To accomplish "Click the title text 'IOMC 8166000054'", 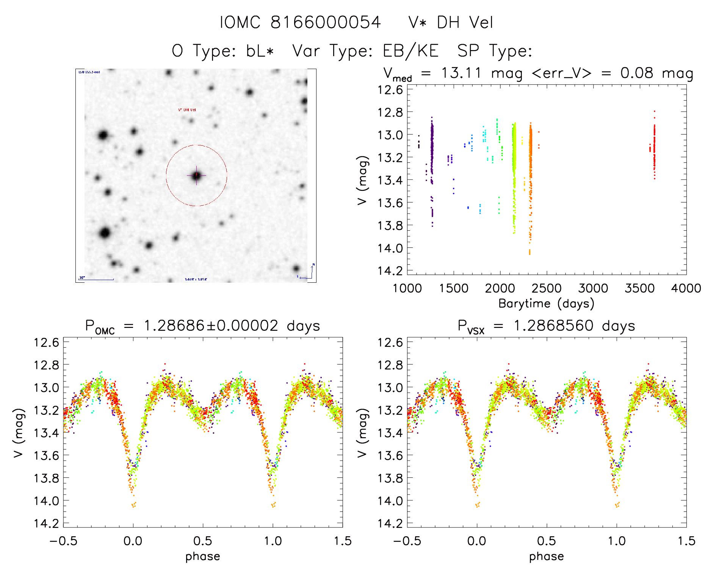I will pyautogui.click(x=300, y=22).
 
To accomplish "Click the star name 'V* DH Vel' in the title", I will pyautogui.click(x=451, y=22).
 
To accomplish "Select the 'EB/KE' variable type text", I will pyautogui.click(x=410, y=51).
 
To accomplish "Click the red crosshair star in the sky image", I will pyautogui.click(x=196, y=175).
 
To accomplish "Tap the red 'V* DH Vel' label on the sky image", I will pyautogui.click(x=187, y=110).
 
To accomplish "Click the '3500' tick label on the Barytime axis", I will pyautogui.click(x=639, y=288).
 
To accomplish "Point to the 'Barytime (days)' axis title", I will pyautogui.click(x=546, y=304).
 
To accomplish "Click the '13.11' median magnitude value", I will pyautogui.click(x=461, y=73).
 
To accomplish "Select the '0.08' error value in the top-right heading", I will pyautogui.click(x=637, y=73).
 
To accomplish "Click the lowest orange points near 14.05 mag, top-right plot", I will pyautogui.click(x=530, y=252).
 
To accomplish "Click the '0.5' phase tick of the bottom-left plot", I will pyautogui.click(x=203, y=541).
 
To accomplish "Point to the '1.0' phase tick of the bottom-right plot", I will pyautogui.click(x=617, y=541).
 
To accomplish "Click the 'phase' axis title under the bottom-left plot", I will pyautogui.click(x=203, y=556).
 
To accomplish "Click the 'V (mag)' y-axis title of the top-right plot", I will pyautogui.click(x=362, y=180).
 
